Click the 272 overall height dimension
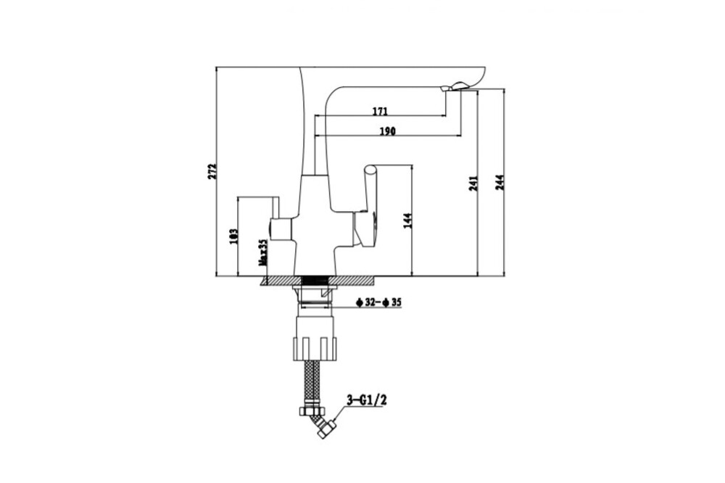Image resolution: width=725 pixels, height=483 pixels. (x=212, y=170)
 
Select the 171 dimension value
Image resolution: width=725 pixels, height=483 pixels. (x=380, y=111)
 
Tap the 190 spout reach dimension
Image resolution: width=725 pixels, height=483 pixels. (x=387, y=131)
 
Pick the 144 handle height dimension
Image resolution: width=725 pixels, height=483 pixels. (x=407, y=220)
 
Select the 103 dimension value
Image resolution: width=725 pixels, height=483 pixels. (x=233, y=236)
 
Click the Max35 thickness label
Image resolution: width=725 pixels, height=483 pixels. (x=262, y=252)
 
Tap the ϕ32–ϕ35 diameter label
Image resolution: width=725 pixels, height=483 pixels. (x=378, y=303)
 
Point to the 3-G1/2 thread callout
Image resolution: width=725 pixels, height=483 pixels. (x=367, y=400)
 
